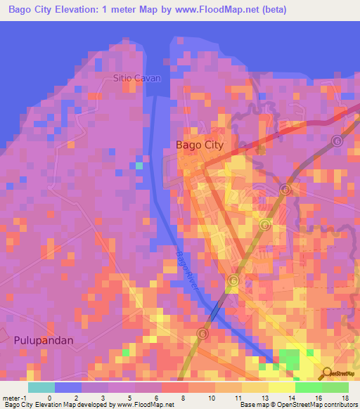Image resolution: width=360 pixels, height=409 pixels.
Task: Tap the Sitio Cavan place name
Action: point(137,79)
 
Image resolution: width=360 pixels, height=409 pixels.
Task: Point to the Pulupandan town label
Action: point(44,339)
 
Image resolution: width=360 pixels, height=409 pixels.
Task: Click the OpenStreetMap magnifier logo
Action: point(328,373)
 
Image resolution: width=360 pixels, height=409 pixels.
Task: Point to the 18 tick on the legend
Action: point(345,398)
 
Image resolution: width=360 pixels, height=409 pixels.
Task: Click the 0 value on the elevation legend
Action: point(49,398)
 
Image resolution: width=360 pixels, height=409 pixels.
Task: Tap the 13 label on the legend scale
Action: point(264,398)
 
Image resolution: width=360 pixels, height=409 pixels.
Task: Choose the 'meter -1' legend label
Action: point(14,398)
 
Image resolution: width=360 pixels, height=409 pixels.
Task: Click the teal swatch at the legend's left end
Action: point(41,387)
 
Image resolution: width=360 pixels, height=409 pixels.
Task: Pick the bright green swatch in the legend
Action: point(308,387)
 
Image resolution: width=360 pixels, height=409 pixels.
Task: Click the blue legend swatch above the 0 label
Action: point(68,387)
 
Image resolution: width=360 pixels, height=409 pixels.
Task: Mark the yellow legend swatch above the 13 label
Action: point(255,387)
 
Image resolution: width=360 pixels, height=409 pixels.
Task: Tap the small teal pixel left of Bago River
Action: point(139,166)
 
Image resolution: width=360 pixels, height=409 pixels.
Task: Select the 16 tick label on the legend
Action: point(318,398)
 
